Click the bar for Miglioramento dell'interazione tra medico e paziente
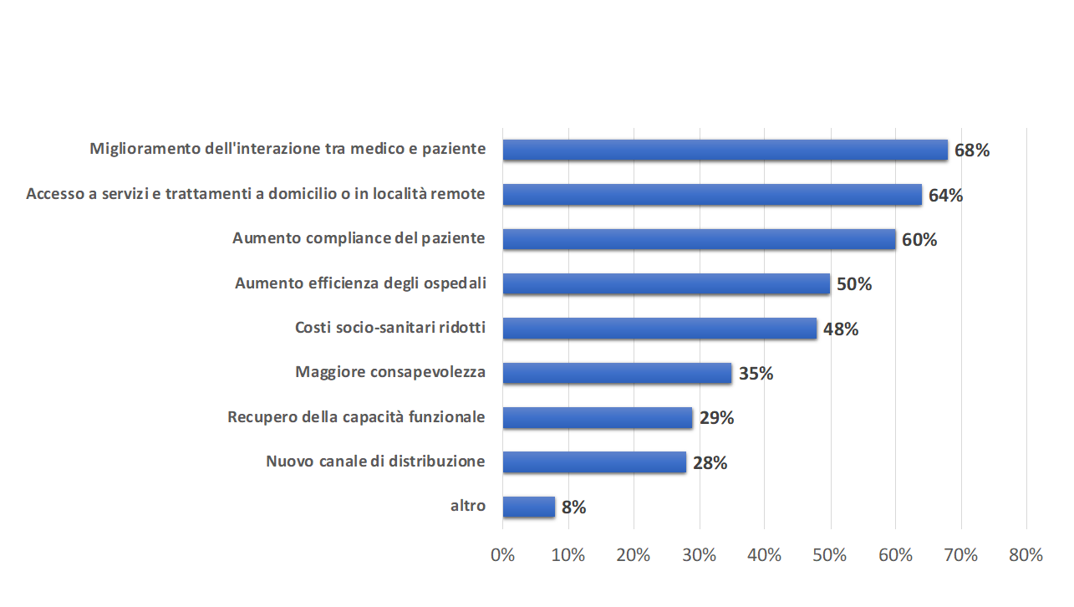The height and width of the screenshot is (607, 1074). tap(725, 150)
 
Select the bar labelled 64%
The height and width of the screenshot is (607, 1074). tap(712, 195)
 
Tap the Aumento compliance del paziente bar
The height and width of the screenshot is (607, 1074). tap(699, 239)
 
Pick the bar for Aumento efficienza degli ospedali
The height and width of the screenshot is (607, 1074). tap(666, 283)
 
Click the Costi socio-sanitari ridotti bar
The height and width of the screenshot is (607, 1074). tap(659, 329)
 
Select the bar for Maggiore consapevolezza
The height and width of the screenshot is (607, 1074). tap(617, 373)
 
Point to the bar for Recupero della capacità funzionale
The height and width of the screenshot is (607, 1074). tap(598, 417)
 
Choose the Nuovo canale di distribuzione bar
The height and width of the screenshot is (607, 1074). tap(594, 462)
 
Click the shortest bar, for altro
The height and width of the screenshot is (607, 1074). tap(528, 507)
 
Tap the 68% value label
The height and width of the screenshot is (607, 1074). tap(972, 150)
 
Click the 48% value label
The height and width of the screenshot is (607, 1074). tap(841, 329)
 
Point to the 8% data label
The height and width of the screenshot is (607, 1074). tap(574, 508)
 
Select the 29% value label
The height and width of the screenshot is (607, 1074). tap(716, 418)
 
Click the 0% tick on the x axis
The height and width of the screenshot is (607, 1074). tap(502, 555)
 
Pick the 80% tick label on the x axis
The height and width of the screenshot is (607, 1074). tap(1026, 555)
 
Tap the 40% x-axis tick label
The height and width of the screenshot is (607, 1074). tap(764, 555)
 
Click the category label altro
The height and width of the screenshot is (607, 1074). tap(468, 505)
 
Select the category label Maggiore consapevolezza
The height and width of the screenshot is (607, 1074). tap(390, 371)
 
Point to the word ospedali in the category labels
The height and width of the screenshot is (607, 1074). tap(457, 283)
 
